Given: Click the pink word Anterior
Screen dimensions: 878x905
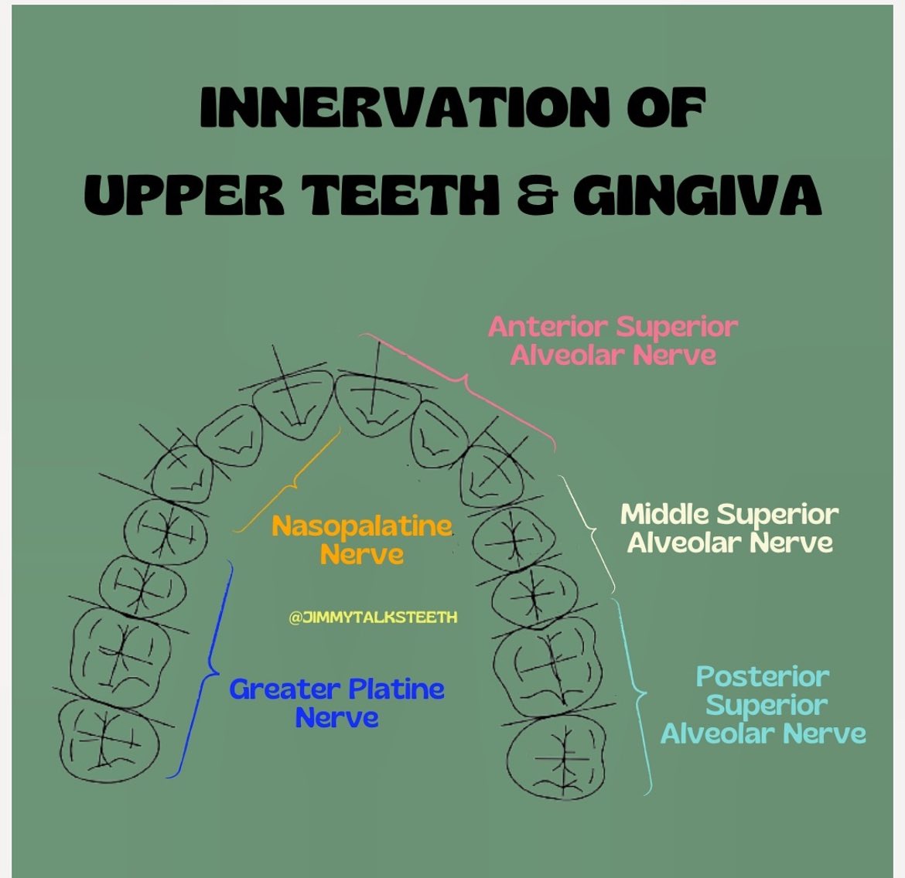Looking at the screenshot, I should tap(548, 326).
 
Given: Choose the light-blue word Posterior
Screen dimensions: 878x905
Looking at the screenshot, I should tap(763, 677).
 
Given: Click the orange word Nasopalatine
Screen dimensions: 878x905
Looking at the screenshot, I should tap(361, 526).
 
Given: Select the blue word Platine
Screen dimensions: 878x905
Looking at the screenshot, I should tap(395, 689).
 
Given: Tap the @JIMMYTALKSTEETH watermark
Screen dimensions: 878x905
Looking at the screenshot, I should tap(373, 618).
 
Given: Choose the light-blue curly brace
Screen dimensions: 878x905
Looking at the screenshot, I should tap(638, 696).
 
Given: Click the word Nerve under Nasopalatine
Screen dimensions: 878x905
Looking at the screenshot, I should tap(361, 554).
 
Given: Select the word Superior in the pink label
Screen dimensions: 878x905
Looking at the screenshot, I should tap(677, 326).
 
